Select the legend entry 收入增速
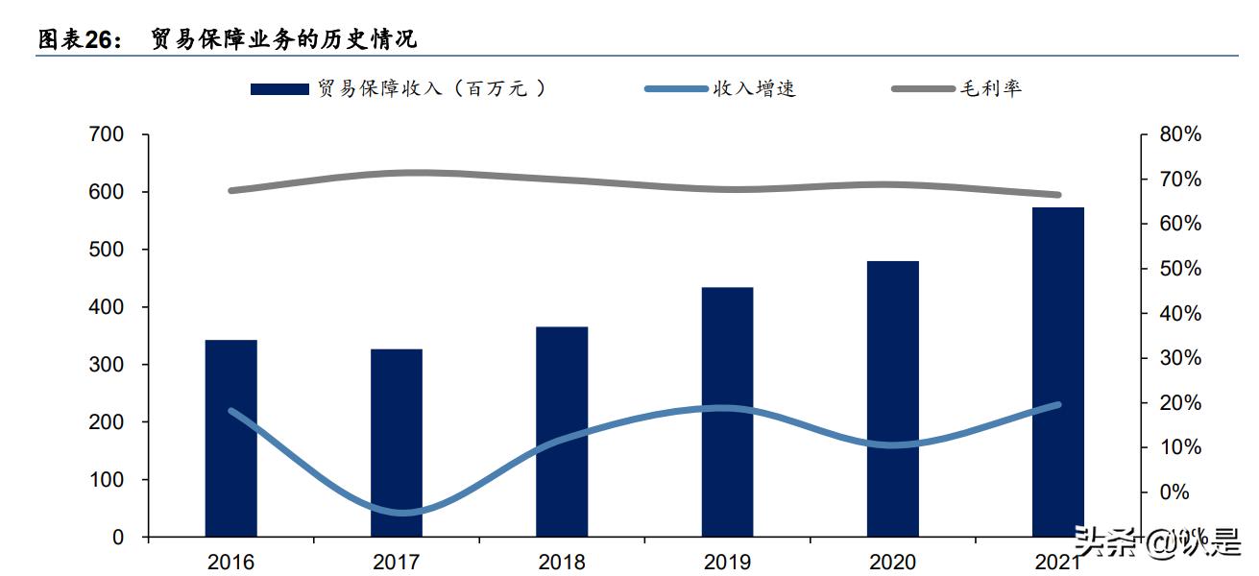(x=754, y=89)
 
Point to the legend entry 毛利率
(x=990, y=89)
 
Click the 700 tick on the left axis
(x=106, y=134)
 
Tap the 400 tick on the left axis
(x=106, y=307)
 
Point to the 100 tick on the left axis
(x=106, y=480)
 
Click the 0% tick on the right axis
(x=1174, y=492)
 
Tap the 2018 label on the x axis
(x=562, y=562)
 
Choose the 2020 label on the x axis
(x=892, y=562)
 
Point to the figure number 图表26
(x=79, y=39)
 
